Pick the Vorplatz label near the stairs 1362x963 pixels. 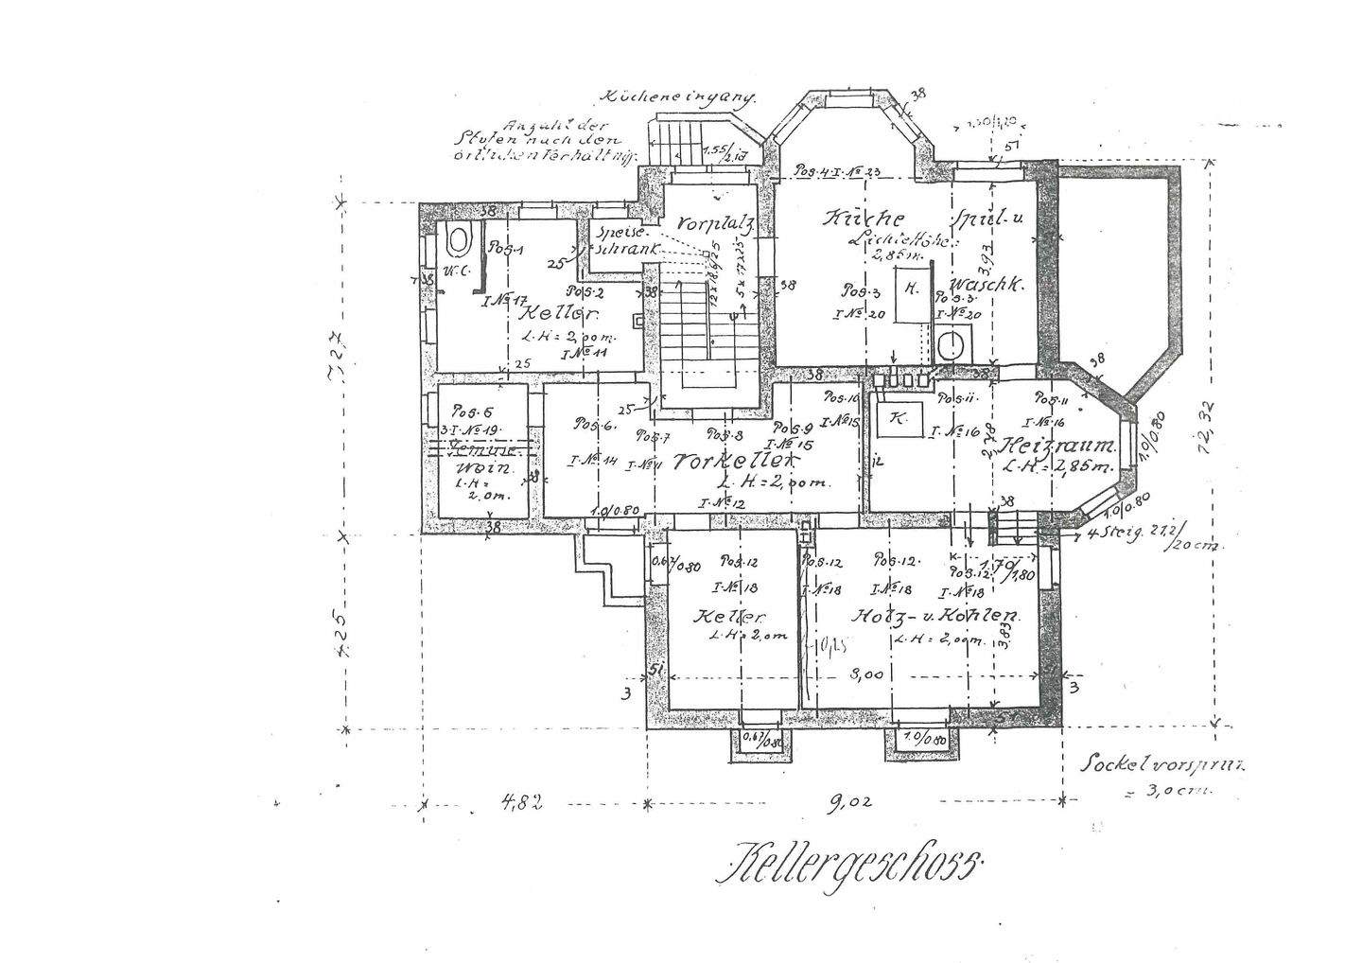[x=710, y=224]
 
